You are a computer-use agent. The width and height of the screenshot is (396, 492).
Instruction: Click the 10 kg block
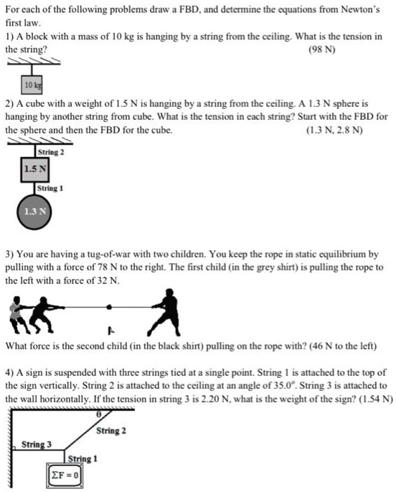click(x=31, y=84)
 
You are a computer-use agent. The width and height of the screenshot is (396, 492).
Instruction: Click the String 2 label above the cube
click(x=51, y=152)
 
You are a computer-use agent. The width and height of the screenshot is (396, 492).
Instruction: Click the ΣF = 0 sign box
click(x=66, y=474)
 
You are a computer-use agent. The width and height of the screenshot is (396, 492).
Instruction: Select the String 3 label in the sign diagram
click(x=37, y=444)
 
